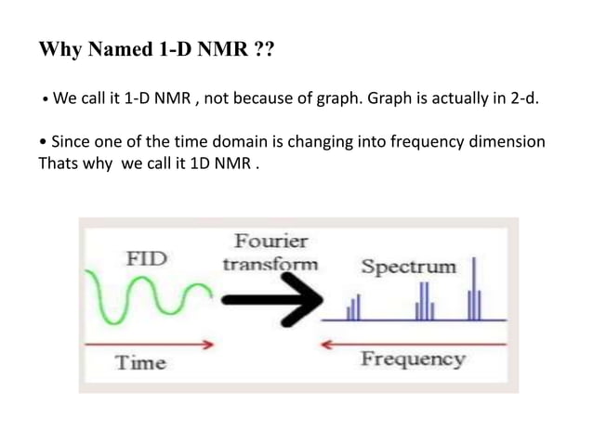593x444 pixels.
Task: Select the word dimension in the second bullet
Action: (507, 142)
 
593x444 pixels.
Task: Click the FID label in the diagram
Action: (147, 258)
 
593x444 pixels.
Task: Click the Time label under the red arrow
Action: (141, 362)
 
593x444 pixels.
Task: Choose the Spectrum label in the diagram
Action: (409, 267)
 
